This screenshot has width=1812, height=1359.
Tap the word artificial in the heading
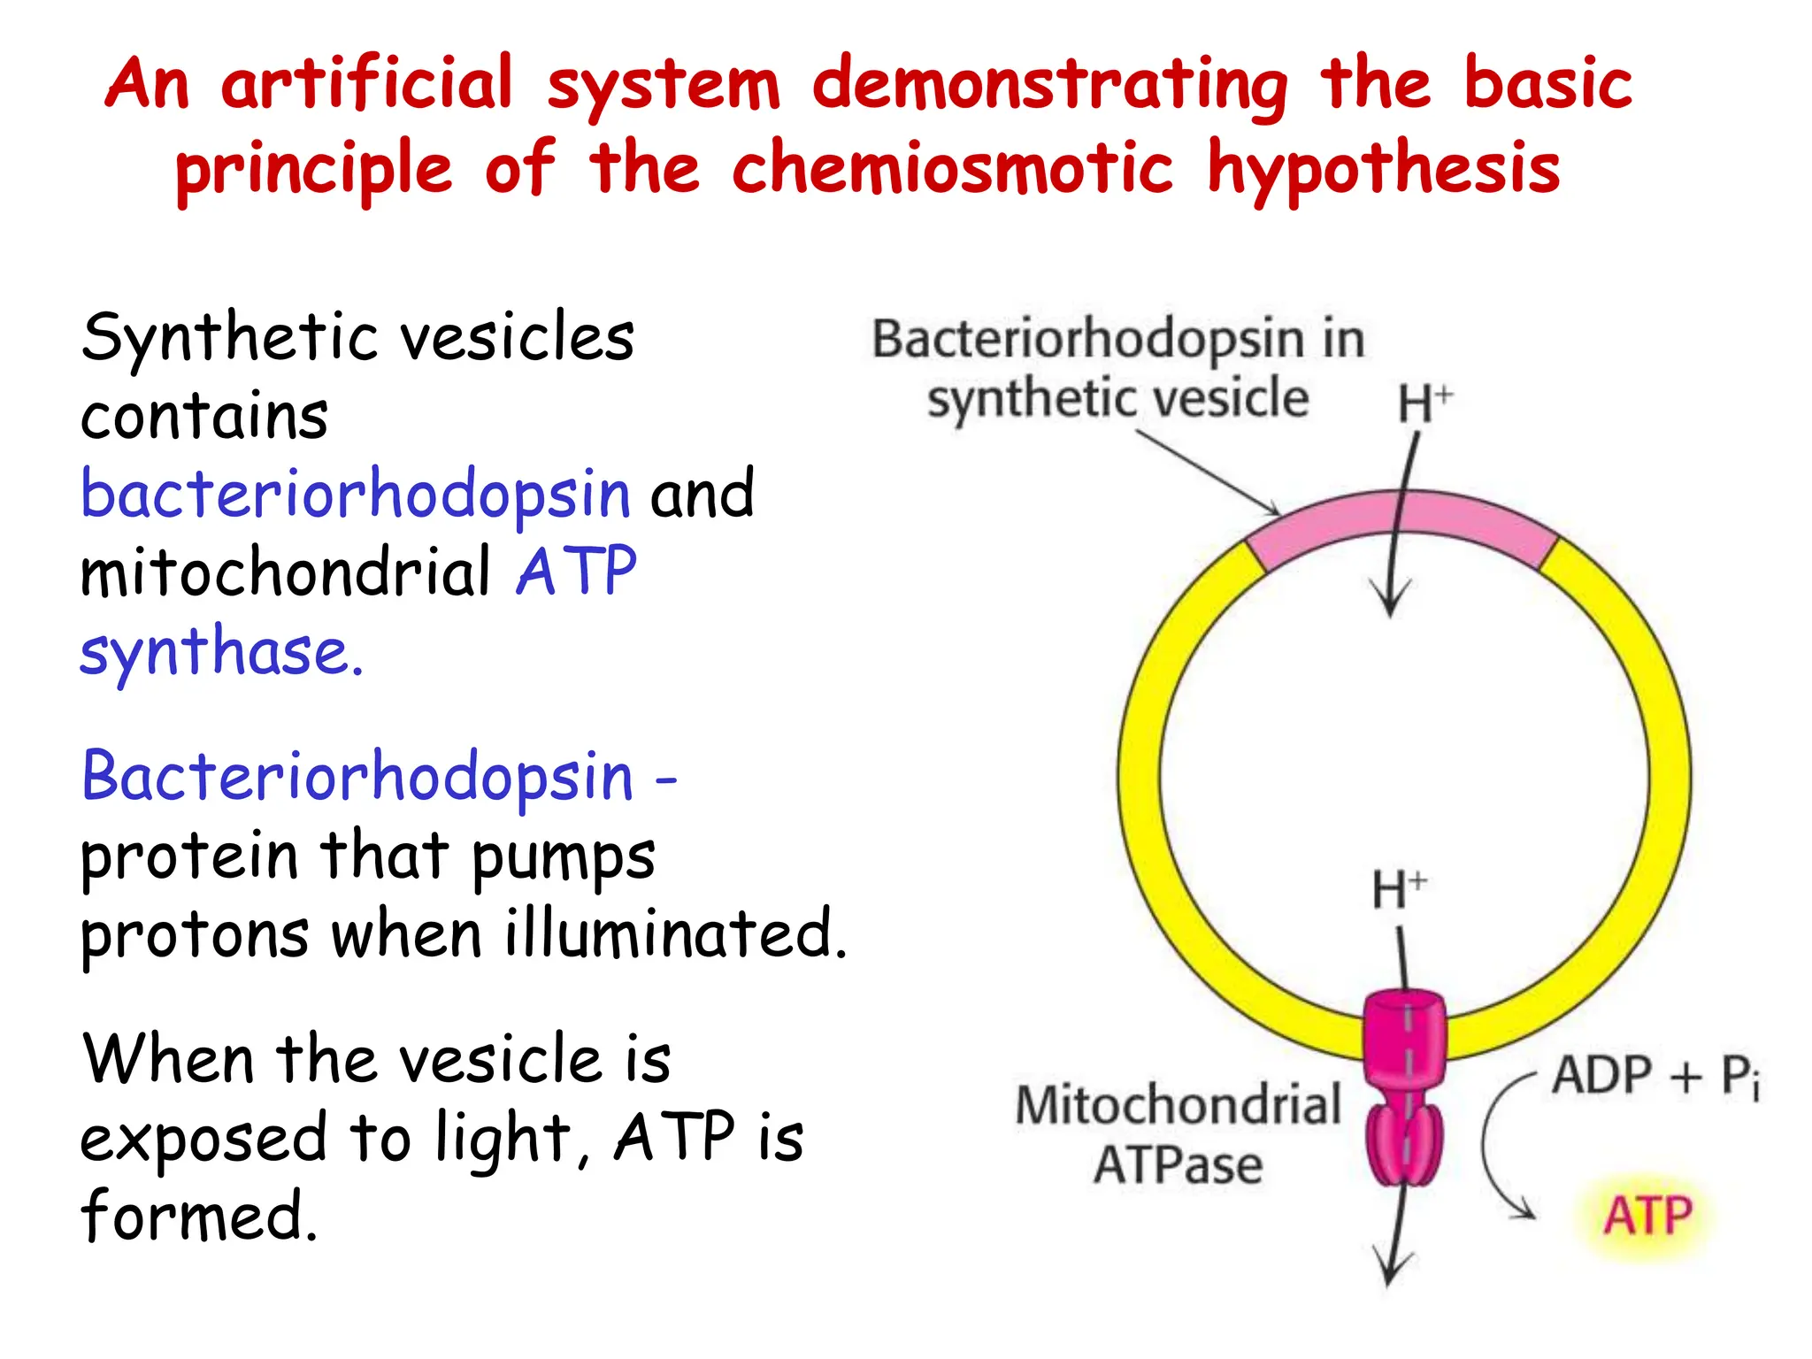367,84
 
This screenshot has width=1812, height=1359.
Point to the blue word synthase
221,653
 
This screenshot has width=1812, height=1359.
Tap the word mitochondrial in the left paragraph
285,572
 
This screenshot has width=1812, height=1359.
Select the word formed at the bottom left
199,1216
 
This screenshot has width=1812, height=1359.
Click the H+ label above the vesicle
1424,403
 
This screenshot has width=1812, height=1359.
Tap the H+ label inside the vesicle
1398,889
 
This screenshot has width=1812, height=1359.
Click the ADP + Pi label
1655,1077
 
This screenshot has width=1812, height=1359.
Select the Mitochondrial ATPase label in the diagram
1179,1134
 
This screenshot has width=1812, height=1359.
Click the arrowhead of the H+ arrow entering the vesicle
1390,602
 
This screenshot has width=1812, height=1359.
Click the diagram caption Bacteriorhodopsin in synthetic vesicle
1118,369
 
